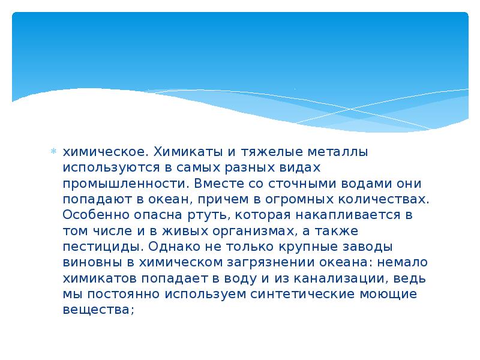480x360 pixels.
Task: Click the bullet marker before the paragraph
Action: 53,151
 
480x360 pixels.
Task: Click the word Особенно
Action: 92,214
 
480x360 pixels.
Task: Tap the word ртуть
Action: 208,214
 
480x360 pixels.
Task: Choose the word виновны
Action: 91,262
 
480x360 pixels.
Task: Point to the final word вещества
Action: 95,310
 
